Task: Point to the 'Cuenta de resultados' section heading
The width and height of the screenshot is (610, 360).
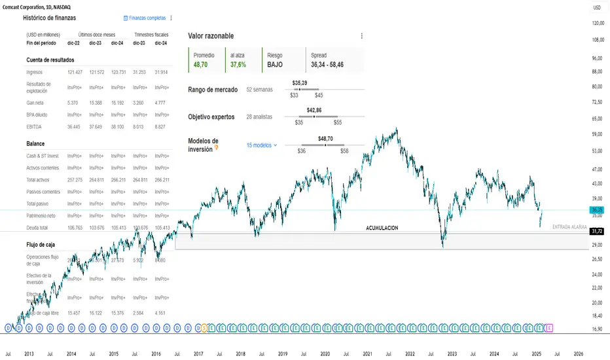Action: pos(50,60)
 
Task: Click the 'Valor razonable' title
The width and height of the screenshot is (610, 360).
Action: pos(211,36)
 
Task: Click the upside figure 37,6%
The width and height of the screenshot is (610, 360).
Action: pos(238,65)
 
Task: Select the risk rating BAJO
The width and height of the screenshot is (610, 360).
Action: pos(275,65)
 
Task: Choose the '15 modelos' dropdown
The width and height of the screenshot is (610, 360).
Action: pos(261,145)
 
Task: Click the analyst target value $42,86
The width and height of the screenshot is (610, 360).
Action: pos(315,111)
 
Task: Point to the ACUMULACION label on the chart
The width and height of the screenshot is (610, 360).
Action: pos(382,228)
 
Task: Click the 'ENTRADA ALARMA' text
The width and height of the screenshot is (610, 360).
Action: pos(569,226)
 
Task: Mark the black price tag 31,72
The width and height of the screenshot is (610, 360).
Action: pos(596,232)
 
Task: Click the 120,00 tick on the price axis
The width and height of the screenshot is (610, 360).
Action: pos(597,24)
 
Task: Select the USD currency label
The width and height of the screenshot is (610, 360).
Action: pos(597,7)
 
